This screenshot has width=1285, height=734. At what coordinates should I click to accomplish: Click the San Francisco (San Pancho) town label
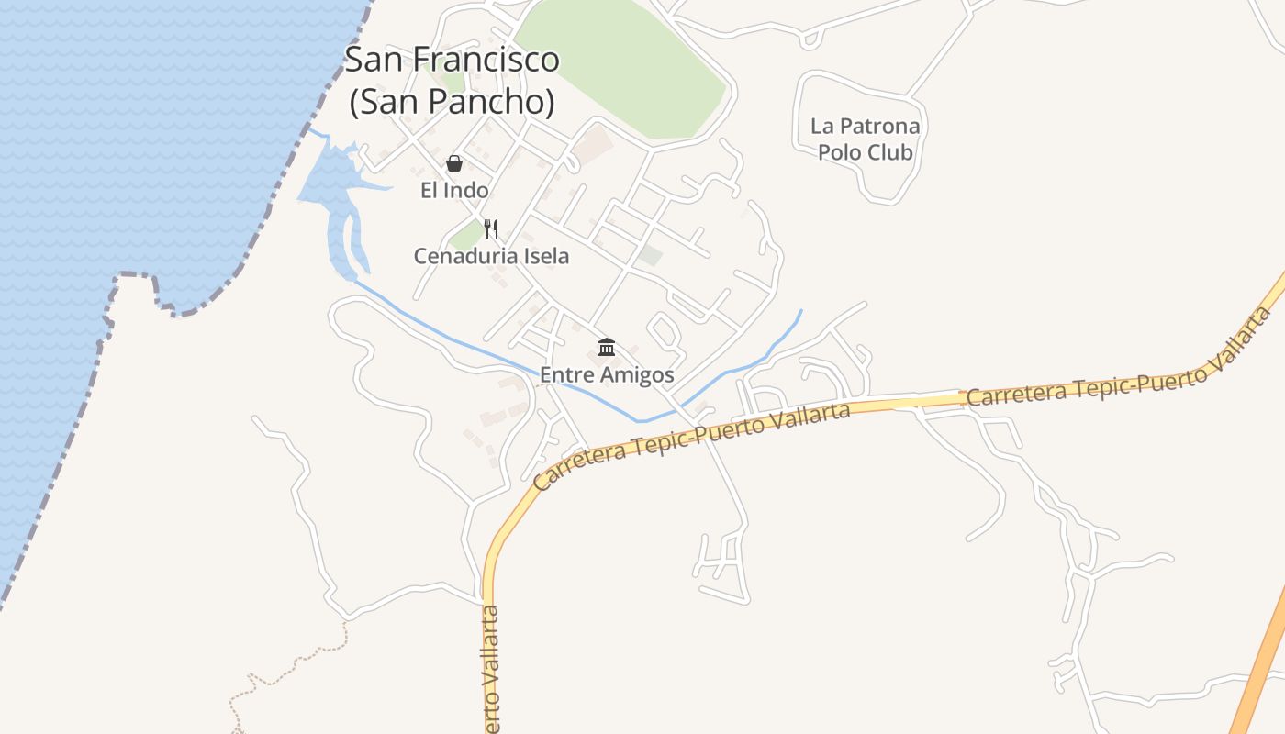click(452, 81)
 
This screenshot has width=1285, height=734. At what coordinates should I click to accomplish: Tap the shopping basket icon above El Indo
click(453, 164)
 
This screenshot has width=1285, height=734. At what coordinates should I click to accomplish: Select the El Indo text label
click(454, 191)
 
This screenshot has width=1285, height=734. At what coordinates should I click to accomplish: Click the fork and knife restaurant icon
click(491, 228)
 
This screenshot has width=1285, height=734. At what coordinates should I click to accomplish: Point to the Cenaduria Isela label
click(491, 256)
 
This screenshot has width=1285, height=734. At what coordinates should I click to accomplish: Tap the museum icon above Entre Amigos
click(607, 348)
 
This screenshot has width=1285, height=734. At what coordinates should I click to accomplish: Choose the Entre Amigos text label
click(607, 374)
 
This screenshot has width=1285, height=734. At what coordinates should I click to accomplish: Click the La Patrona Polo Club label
click(865, 139)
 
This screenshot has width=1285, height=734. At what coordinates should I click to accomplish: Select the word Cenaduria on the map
click(464, 256)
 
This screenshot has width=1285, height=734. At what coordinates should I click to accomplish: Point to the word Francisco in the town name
click(485, 60)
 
